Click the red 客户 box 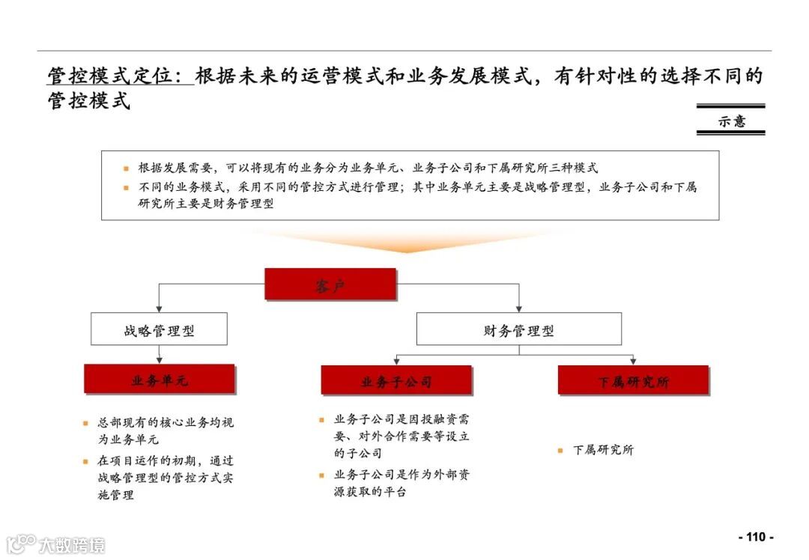[330, 284]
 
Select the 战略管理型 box [159, 329]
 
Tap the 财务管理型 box [518, 329]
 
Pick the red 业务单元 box [160, 380]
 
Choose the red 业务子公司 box [396, 380]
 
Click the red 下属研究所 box [633, 380]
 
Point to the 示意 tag [731, 121]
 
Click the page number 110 [756, 537]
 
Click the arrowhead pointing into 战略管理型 [159, 308]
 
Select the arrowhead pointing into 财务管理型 [518, 308]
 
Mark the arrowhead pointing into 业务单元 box [159, 360]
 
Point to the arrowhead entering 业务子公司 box [396, 361]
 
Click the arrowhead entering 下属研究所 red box [633, 361]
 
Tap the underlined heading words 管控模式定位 [119, 76]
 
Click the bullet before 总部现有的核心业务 [86, 423]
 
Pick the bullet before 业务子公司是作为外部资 [322, 475]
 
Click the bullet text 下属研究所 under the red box [603, 450]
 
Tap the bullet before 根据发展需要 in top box [127, 168]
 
